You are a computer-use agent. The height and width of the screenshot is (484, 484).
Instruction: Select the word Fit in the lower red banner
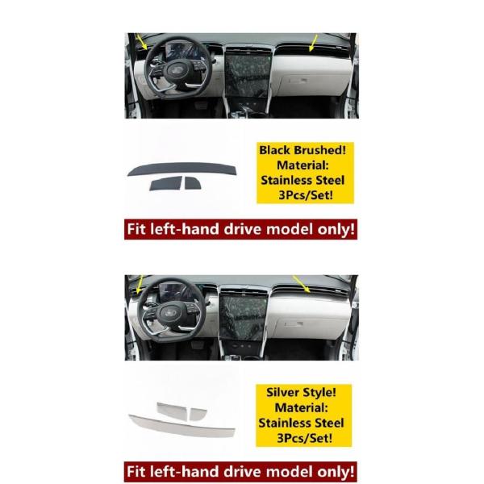[x=138, y=469]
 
